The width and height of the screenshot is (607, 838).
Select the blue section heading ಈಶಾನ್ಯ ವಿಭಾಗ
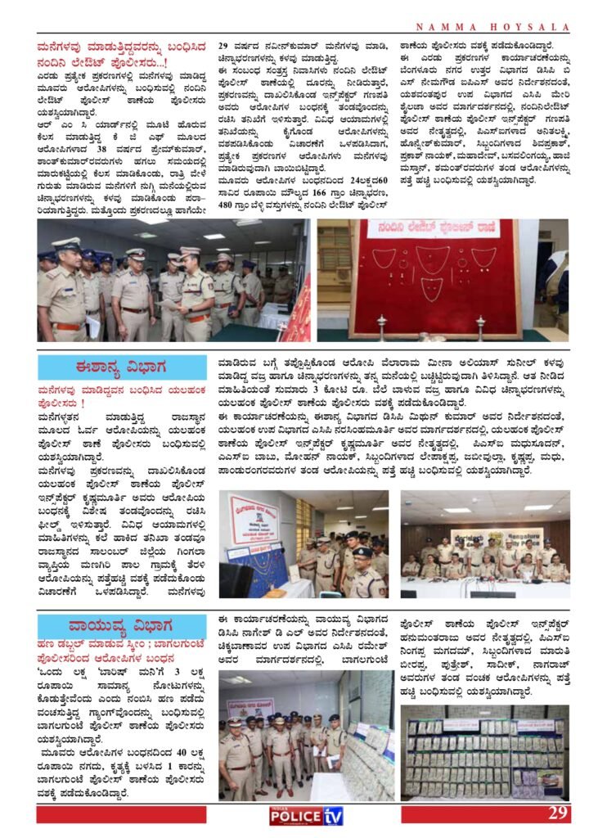[122, 367]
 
